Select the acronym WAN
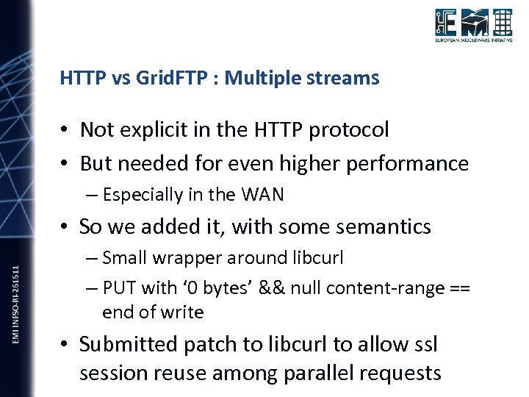[x=264, y=195]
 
